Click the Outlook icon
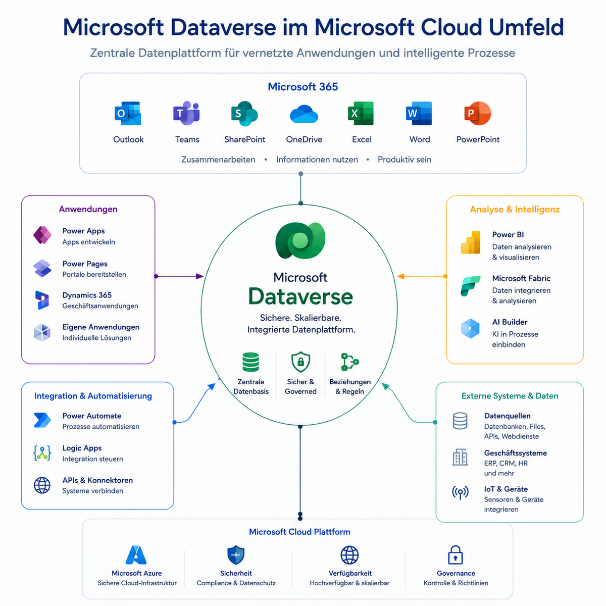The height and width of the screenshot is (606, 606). point(128,113)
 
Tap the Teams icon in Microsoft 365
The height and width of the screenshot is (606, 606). point(186,113)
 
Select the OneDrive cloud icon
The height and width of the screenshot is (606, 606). point(304,114)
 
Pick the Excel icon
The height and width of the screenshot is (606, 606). point(361,113)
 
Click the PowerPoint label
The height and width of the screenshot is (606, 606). point(478,139)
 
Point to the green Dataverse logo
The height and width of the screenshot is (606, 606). point(300,240)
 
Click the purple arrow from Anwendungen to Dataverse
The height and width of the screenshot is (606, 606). point(180,276)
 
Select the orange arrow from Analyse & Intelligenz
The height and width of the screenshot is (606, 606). point(422,276)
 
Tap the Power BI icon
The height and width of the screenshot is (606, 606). point(471,242)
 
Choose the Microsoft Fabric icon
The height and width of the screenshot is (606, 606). point(471,286)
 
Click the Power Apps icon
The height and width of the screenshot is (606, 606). point(42,235)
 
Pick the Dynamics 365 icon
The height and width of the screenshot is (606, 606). point(42,300)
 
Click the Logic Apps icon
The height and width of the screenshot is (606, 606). point(42,453)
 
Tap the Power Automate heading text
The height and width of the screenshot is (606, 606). point(91,416)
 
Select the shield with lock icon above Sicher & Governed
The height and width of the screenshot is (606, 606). point(300,362)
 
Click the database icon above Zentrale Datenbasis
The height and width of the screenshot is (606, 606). point(250,362)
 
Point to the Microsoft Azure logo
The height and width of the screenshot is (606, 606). point(136,555)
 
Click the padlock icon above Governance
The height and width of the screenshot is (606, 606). point(456,555)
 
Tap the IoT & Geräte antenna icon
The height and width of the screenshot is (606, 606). point(460,492)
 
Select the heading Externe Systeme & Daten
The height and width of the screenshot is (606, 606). point(510,396)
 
